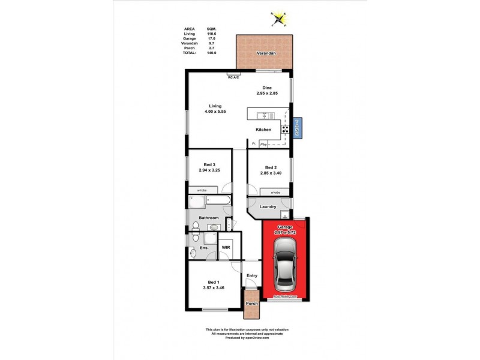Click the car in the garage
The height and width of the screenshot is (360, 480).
(286, 262)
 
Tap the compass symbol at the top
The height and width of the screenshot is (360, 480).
(278, 19)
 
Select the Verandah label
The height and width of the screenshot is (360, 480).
(266, 52)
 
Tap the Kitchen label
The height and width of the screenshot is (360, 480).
(263, 130)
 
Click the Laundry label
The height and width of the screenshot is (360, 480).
(268, 206)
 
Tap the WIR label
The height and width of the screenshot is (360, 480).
(226, 247)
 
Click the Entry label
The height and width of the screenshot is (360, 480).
(251, 275)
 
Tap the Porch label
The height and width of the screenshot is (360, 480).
(251, 303)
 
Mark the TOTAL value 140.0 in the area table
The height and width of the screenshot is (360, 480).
(211, 53)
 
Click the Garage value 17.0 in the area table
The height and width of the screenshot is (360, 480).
(211, 39)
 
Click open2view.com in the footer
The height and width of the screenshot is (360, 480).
(257, 338)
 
